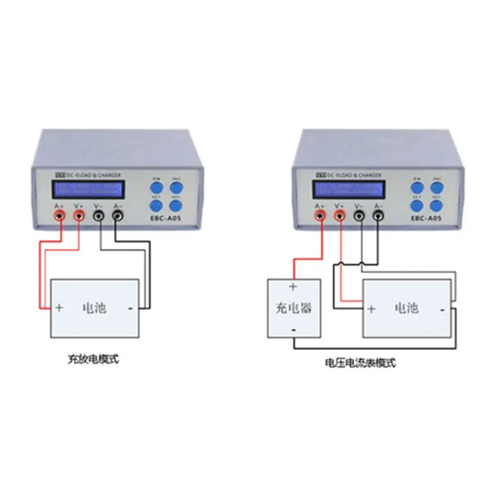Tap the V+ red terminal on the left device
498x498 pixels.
coord(80,215)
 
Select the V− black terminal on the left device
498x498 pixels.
coord(100,216)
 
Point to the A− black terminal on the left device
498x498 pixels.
coord(118,216)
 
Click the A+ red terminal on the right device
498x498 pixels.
coord(321,215)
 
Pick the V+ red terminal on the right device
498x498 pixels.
coord(340,215)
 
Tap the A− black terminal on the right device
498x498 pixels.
coord(377,216)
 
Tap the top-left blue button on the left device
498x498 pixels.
coord(156,185)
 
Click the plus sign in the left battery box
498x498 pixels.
coord(59,307)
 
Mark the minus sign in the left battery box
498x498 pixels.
coord(131,307)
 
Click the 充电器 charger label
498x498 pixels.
coord(293,307)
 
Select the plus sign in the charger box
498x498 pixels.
coord(293,288)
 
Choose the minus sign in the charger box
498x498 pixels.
coord(293,328)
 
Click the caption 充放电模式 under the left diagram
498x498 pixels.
coord(93,359)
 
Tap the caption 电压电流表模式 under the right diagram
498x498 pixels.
coord(360,362)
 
